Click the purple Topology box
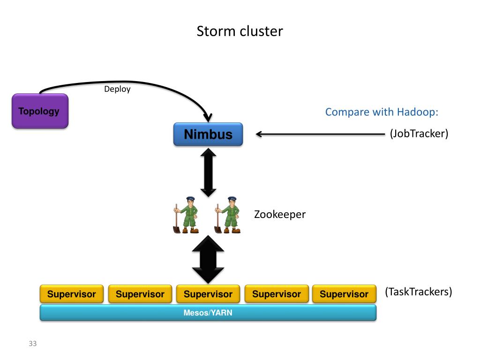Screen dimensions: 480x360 click(40, 111)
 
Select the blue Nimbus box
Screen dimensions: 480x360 click(208, 134)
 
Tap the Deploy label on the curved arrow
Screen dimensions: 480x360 click(117, 89)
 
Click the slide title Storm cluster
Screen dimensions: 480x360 click(240, 31)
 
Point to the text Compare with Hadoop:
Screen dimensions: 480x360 click(382, 112)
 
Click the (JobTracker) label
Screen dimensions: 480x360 click(419, 134)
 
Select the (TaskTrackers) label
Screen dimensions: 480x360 click(419, 292)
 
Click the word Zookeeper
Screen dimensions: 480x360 click(280, 214)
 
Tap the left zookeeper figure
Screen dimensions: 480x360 click(186, 215)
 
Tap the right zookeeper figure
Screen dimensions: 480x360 click(227, 215)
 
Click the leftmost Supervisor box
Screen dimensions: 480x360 click(72, 294)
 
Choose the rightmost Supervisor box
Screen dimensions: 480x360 click(344, 294)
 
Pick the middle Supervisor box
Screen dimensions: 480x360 click(208, 294)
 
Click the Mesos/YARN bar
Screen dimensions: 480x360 click(208, 313)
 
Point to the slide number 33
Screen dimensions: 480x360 click(33, 344)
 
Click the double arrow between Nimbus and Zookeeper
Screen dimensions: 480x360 click(209, 172)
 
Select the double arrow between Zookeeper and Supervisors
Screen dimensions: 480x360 click(208, 259)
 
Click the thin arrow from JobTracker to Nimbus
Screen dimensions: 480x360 click(320, 134)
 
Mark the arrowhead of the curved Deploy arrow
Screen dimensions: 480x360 click(208, 118)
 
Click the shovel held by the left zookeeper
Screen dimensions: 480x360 click(177, 219)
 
